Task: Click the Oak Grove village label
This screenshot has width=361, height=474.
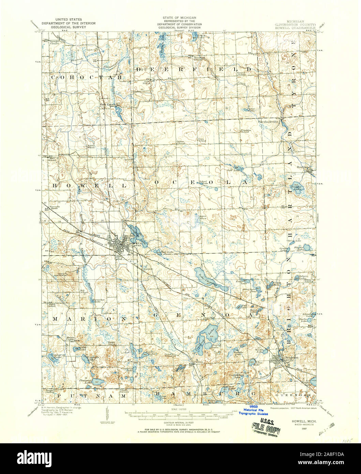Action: point(107,104)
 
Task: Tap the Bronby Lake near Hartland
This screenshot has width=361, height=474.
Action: point(295,188)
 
